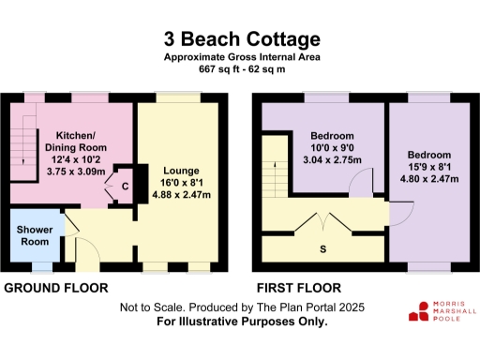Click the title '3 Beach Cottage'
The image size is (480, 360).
pyautogui.click(x=241, y=39)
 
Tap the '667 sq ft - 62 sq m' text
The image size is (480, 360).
pyautogui.click(x=241, y=69)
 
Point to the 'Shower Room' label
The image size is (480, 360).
pyautogui.click(x=33, y=236)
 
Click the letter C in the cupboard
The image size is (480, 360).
pyautogui.click(x=125, y=186)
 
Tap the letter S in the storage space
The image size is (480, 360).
pyautogui.click(x=323, y=249)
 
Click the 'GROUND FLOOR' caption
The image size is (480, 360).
pyautogui.click(x=56, y=288)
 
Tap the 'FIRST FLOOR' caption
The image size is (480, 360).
pyautogui.click(x=297, y=288)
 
